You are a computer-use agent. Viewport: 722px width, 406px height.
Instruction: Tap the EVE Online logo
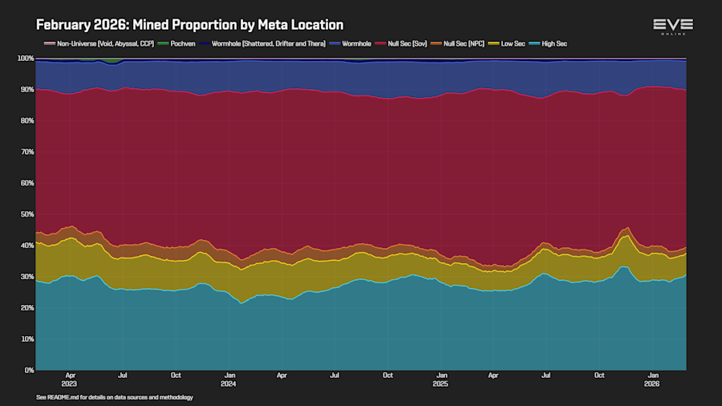[672, 26]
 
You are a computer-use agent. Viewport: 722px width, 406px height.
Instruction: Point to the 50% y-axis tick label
[26, 214]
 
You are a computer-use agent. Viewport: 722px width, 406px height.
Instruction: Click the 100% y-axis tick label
[24, 59]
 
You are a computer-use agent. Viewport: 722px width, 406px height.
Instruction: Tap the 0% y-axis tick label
[28, 370]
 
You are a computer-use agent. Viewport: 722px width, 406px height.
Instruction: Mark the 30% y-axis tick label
[26, 277]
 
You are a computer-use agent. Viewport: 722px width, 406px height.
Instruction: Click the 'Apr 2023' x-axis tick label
[71, 379]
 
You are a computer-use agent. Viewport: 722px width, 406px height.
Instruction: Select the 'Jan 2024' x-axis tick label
[229, 379]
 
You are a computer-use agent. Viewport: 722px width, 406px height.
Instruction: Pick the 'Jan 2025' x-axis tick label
[441, 379]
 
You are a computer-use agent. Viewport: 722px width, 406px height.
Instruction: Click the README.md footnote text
[115, 397]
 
